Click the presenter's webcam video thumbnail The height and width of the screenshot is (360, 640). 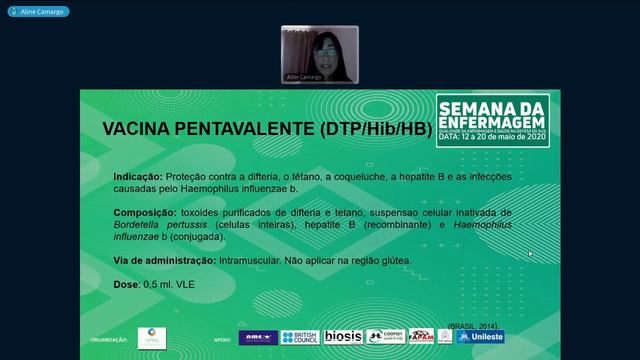(319, 53)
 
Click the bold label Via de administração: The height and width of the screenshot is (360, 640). (164, 260)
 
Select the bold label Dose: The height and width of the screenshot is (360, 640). (126, 285)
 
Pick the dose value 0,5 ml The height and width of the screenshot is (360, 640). (159, 285)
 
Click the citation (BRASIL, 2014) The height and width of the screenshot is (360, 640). (475, 326)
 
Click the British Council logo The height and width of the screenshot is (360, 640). (300, 337)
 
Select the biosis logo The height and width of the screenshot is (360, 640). (343, 337)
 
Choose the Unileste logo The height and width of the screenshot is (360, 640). (481, 337)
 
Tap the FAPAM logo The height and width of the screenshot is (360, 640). (421, 337)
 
